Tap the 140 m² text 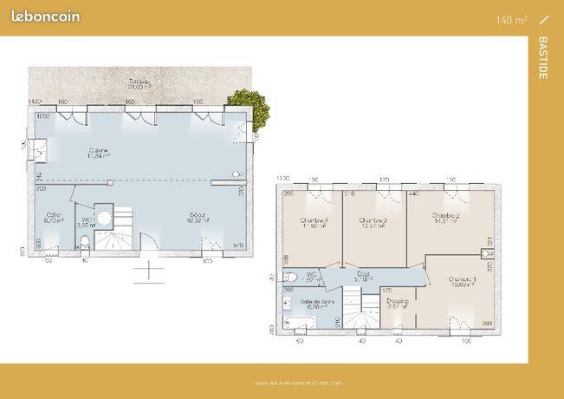(x=512, y=19)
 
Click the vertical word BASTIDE (x=542, y=58)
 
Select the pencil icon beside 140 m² (x=544, y=18)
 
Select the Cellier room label (x=55, y=218)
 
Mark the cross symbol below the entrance (x=148, y=271)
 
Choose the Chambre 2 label (x=444, y=219)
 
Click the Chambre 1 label (x=461, y=281)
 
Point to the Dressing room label (x=398, y=303)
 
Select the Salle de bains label (x=314, y=303)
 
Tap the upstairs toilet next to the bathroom (x=291, y=278)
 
